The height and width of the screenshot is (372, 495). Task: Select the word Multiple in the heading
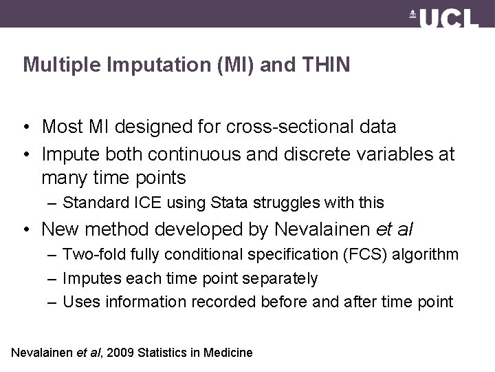pos(54,65)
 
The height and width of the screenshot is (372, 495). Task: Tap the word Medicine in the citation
pos(228,353)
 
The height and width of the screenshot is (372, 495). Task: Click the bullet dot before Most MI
pos(26,127)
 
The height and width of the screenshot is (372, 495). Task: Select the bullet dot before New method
pos(26,229)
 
